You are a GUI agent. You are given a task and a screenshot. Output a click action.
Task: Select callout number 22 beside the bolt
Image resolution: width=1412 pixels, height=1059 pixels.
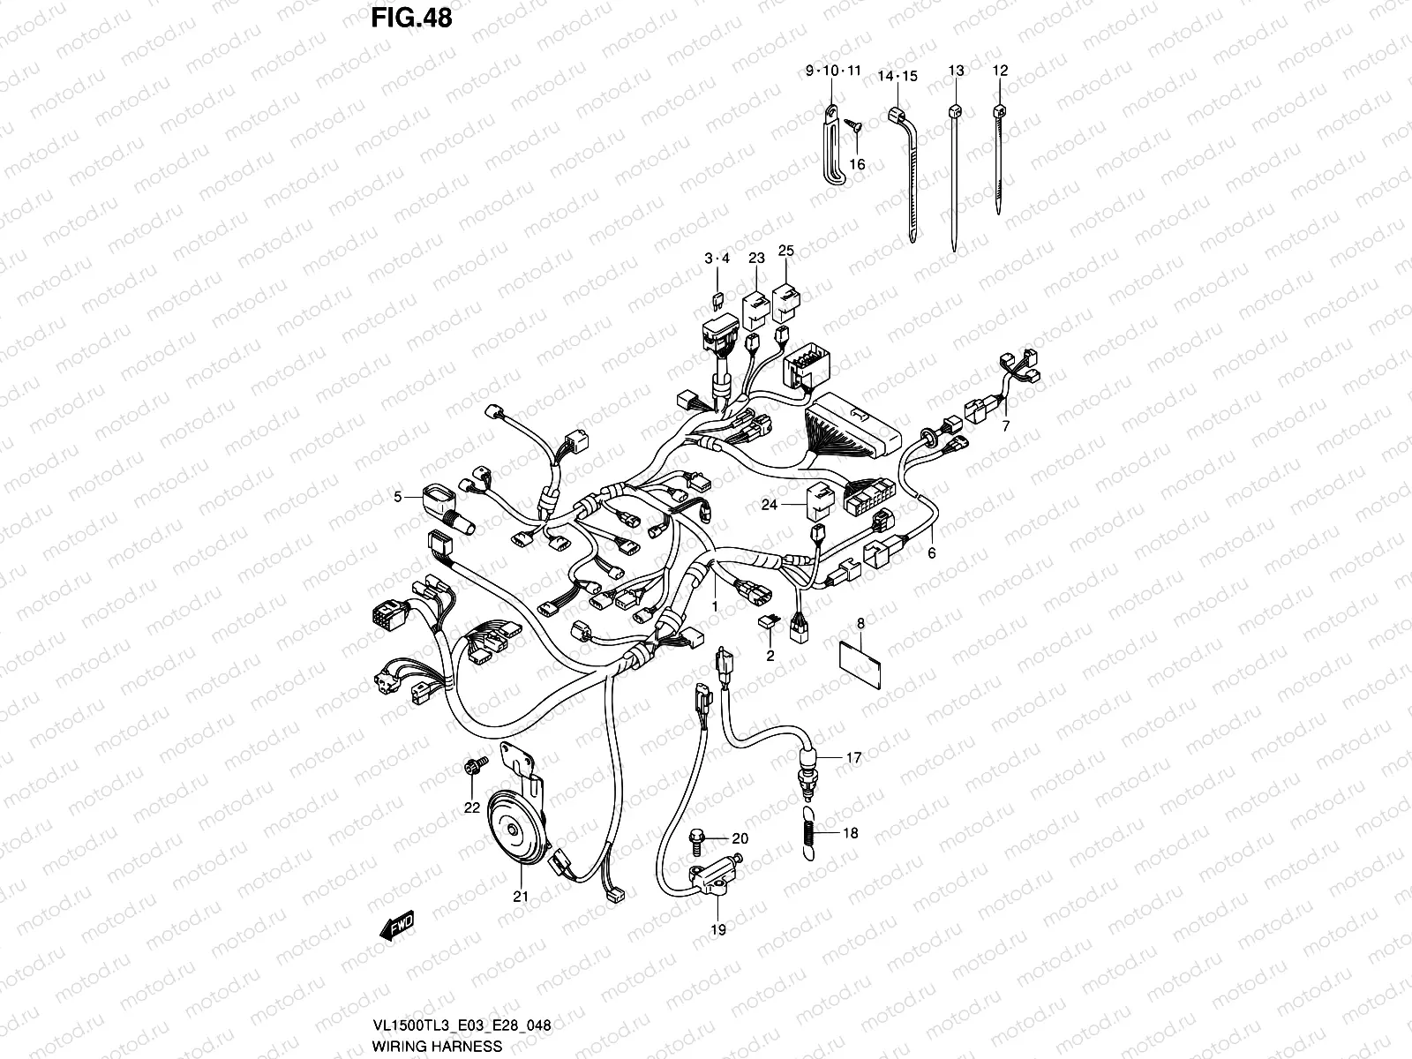click(471, 807)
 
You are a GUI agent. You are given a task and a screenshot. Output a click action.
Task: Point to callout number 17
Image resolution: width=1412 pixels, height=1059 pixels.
click(853, 757)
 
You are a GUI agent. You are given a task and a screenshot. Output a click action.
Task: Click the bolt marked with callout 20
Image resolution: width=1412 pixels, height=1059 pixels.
click(695, 837)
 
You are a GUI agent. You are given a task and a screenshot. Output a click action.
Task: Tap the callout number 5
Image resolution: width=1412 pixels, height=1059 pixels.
click(397, 498)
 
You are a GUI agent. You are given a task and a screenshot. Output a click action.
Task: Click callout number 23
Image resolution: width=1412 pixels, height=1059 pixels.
click(756, 259)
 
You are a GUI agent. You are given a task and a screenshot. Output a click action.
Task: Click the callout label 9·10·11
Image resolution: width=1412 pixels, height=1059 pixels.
click(832, 71)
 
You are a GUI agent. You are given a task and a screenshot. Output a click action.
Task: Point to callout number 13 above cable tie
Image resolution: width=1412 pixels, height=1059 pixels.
click(956, 71)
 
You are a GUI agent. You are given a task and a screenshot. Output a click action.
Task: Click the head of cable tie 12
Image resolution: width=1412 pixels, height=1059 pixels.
click(999, 111)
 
